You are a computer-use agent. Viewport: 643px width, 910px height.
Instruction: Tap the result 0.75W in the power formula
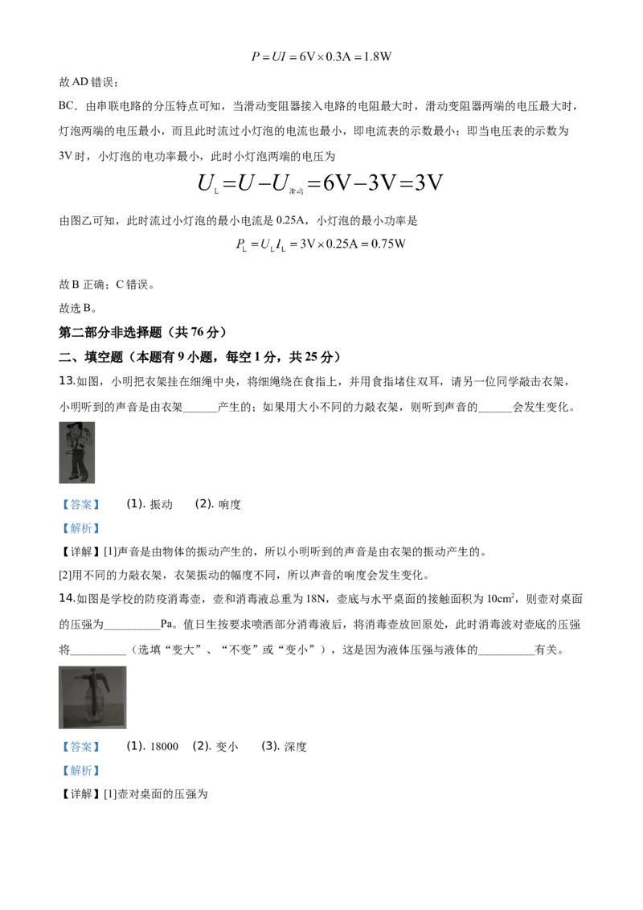[x=388, y=244]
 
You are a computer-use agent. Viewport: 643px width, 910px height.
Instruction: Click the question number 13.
[x=67, y=381]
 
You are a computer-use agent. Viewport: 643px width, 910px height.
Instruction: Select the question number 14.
[x=67, y=598]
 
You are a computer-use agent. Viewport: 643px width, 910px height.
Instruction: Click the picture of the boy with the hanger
[x=76, y=453]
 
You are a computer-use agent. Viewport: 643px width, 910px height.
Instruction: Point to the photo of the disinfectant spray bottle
[x=92, y=697]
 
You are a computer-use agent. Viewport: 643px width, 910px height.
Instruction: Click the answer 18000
[x=164, y=747]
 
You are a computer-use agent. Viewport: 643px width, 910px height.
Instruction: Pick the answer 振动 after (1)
[x=162, y=504]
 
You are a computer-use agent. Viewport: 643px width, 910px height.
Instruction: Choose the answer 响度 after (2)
[x=230, y=504]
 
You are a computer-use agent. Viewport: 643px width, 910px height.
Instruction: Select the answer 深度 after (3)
[x=296, y=747]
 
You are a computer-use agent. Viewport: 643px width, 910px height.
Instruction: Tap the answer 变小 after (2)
[x=227, y=747]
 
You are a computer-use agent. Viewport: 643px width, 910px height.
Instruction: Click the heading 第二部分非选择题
[x=110, y=333]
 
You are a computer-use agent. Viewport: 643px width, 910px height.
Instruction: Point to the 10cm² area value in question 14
[x=501, y=598]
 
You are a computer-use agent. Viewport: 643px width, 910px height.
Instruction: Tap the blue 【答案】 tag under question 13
[x=80, y=504]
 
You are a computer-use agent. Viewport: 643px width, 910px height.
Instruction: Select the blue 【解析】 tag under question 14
[x=80, y=771]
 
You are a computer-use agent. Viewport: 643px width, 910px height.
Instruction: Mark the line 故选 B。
[x=78, y=308]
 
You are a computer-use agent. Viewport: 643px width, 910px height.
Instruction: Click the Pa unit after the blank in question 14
[x=167, y=625]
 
